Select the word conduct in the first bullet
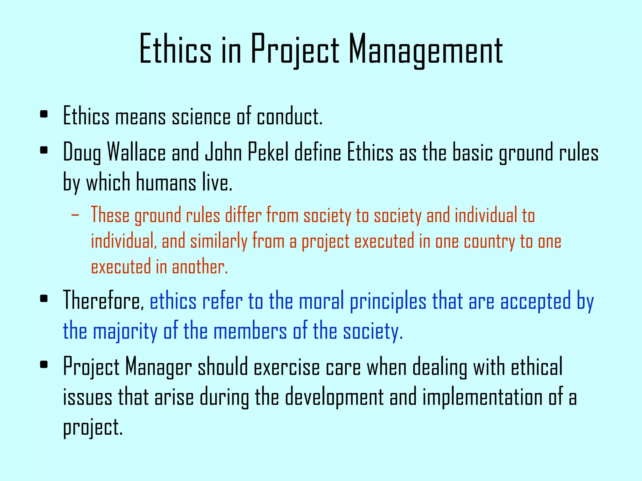[290, 116]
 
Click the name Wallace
[136, 153]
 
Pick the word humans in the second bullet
[166, 183]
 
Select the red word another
[200, 267]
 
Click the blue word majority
[125, 331]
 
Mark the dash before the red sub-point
[75, 215]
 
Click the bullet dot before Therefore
[44, 298]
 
